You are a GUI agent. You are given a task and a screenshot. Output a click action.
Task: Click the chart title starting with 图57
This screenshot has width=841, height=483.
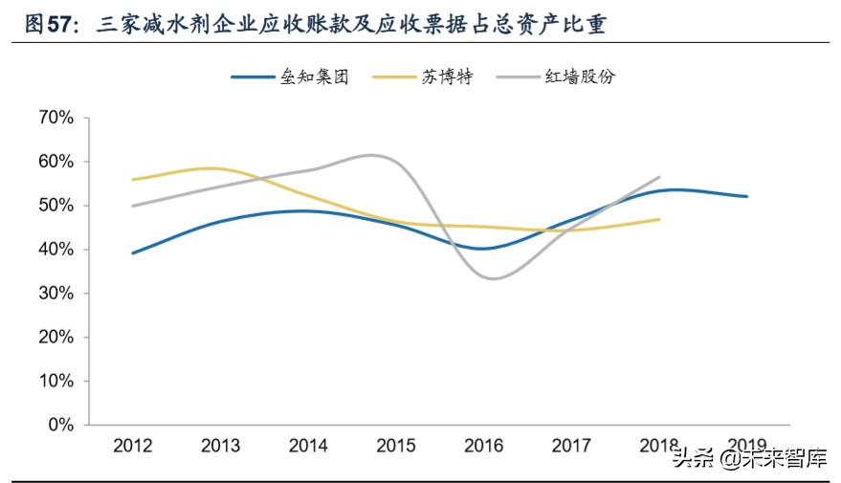[x=316, y=24]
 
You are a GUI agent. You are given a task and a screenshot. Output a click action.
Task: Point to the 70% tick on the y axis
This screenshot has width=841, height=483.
[x=55, y=118]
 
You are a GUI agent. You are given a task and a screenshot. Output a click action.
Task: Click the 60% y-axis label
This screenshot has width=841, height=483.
[x=55, y=162]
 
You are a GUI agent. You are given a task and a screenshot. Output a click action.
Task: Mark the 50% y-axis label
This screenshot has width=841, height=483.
[x=55, y=206]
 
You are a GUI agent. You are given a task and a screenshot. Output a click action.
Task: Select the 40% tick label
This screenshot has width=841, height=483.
[x=55, y=250]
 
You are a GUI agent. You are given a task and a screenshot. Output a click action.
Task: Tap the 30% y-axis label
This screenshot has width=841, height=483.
[x=55, y=294]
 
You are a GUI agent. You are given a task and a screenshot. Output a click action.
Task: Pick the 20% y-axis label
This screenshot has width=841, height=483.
[x=55, y=338]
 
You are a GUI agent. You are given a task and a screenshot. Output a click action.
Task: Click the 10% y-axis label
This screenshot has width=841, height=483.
[x=55, y=381]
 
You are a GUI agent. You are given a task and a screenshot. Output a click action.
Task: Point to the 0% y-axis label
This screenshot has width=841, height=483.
[x=59, y=425]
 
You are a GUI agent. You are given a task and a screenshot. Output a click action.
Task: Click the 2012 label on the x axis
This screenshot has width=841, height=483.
[x=133, y=446]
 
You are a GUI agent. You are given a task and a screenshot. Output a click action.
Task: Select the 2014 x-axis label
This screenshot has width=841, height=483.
[x=308, y=446]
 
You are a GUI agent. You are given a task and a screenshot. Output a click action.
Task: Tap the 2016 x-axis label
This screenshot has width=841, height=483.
[x=484, y=446]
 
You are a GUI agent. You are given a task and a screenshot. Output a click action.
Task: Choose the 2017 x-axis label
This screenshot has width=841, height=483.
[x=572, y=446]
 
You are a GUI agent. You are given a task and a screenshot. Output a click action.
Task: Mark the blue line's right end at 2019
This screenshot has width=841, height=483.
[x=747, y=196]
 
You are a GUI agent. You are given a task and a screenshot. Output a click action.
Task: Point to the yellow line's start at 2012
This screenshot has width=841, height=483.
[x=132, y=179]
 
